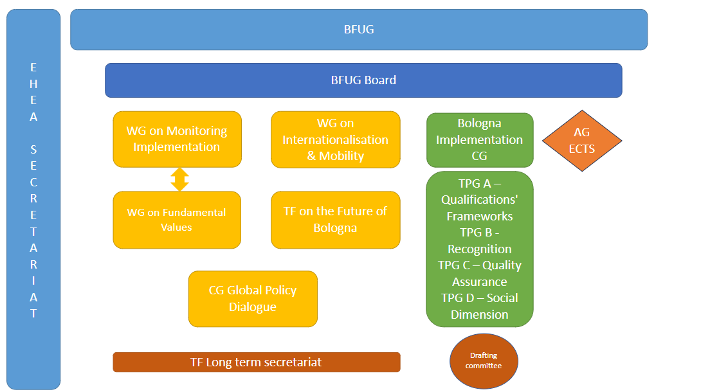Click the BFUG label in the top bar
click(359, 30)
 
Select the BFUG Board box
click(363, 80)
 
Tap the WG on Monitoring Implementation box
click(177, 139)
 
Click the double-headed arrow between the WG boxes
click(179, 179)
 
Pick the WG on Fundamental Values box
click(177, 220)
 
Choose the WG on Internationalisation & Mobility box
click(335, 139)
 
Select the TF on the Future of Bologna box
click(335, 220)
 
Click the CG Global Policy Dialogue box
click(253, 299)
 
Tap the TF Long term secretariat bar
click(257, 362)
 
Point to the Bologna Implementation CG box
click(480, 140)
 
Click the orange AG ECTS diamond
click(582, 141)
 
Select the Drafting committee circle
click(484, 361)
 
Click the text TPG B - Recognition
click(480, 240)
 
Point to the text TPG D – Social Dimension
click(480, 307)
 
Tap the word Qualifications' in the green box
click(480, 200)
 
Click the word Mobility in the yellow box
click(341, 156)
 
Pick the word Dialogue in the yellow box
click(253, 307)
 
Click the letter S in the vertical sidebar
click(33, 150)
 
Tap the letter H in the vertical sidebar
click(33, 84)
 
